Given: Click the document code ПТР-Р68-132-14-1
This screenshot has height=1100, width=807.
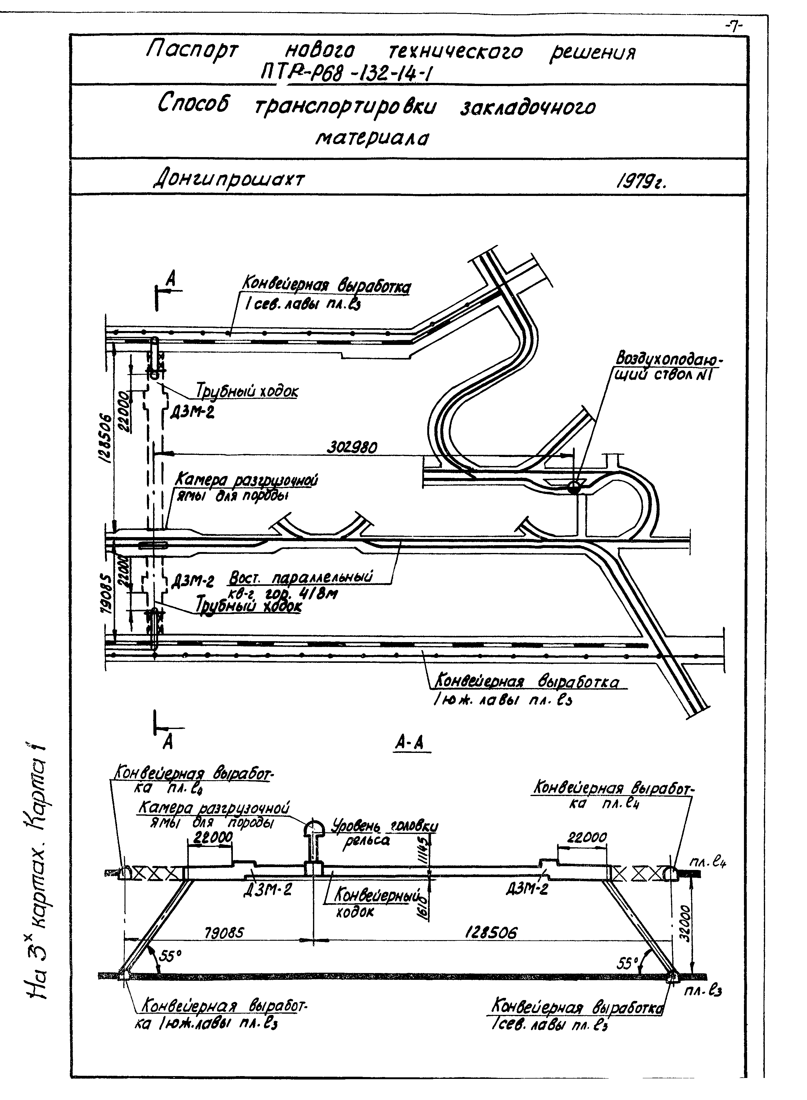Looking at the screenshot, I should pyautogui.click(x=347, y=73).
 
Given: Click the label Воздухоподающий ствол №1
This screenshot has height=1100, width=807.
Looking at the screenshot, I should pyautogui.click(x=669, y=366).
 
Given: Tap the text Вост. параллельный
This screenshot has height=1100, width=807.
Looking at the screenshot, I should pyautogui.click(x=301, y=577).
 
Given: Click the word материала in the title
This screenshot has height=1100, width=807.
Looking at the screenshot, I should pyautogui.click(x=372, y=139).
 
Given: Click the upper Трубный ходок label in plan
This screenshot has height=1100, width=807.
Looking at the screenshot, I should pyautogui.click(x=247, y=391).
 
